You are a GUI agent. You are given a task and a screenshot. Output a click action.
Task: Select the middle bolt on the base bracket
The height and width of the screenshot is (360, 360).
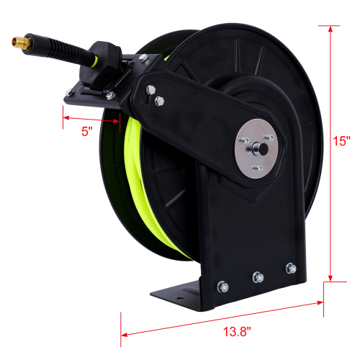(257, 275)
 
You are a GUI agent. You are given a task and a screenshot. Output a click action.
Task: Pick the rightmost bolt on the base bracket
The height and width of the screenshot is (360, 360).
(291, 269)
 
